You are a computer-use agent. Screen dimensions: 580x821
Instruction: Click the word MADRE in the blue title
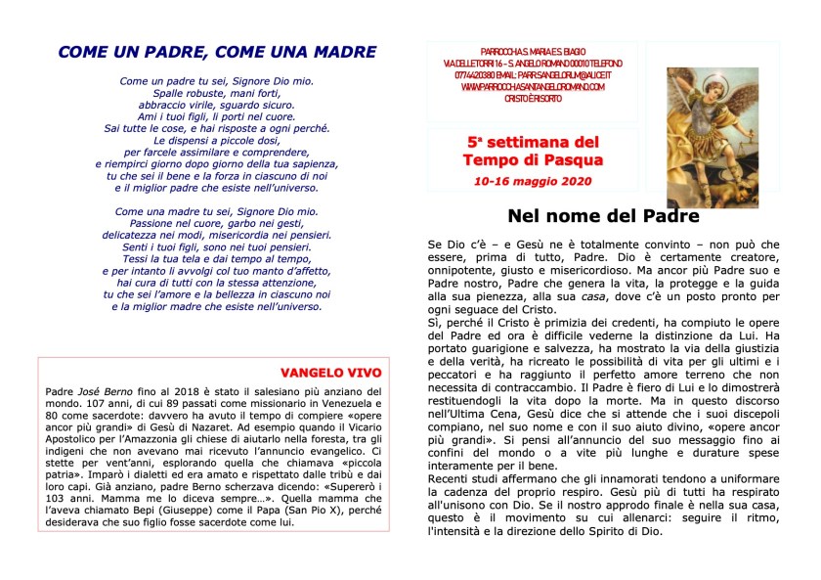pyautogui.click(x=339, y=52)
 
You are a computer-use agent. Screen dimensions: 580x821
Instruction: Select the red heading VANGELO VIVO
pyautogui.click(x=330, y=373)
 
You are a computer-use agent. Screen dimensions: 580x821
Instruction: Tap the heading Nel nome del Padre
pyautogui.click(x=603, y=216)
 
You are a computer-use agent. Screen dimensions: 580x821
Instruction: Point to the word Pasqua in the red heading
pyautogui.click(x=574, y=159)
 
